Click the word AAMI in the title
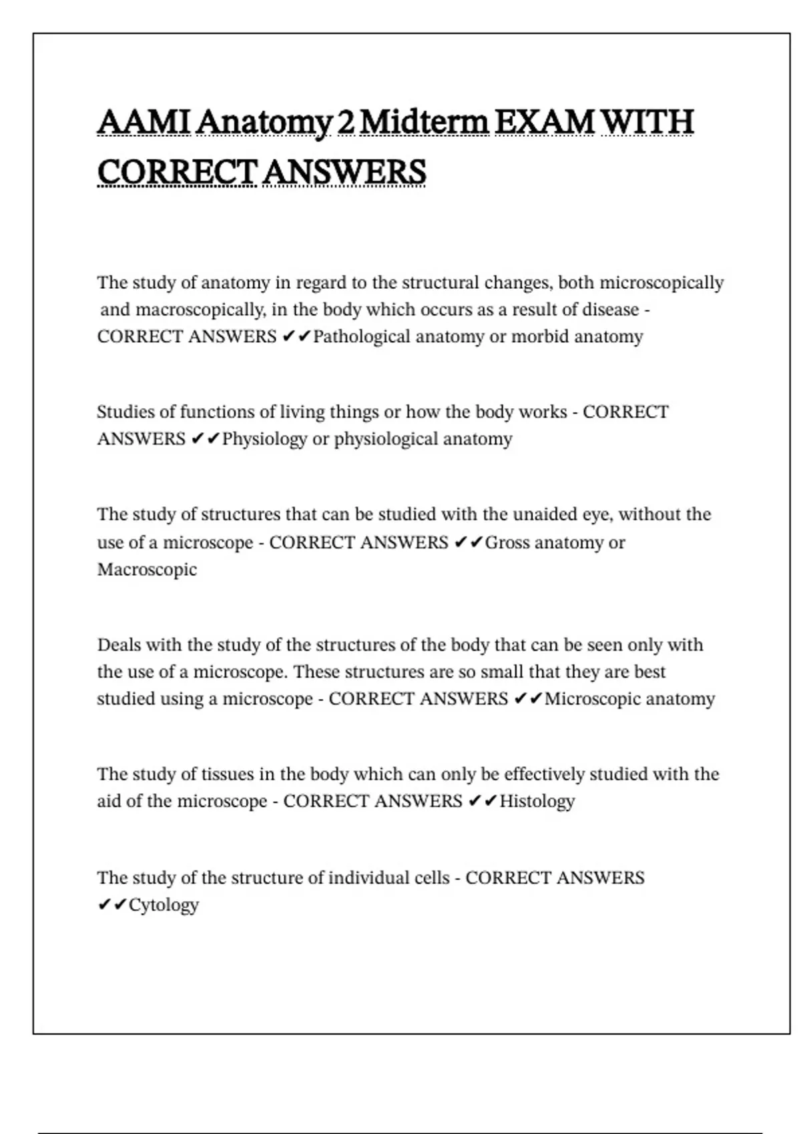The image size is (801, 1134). click(x=144, y=123)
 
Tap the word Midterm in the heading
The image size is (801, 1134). click(x=424, y=123)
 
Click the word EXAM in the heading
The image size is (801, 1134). click(x=545, y=123)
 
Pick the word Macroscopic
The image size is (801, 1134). click(x=147, y=570)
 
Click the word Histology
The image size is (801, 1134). click(x=537, y=801)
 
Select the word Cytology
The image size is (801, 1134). click(x=164, y=905)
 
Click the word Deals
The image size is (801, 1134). click(x=119, y=645)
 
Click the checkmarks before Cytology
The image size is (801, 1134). click(x=111, y=905)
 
